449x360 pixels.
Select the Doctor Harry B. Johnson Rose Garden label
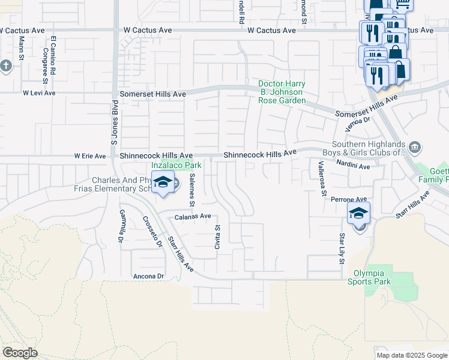pos(282,92)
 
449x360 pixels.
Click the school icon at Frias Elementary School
pos(162,184)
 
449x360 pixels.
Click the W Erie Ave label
pos(89,156)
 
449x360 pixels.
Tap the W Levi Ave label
pos(39,93)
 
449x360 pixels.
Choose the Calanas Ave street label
pos(193,217)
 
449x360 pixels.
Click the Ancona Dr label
pos(148,276)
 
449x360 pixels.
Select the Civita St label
pos(218,236)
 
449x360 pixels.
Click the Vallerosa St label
pos(322,178)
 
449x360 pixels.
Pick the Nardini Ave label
pos(352,164)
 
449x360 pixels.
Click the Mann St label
pos(21,48)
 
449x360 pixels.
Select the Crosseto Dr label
pos(152,231)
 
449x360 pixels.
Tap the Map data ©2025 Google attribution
pos(412,355)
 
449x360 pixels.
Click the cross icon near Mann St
pos(6,65)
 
